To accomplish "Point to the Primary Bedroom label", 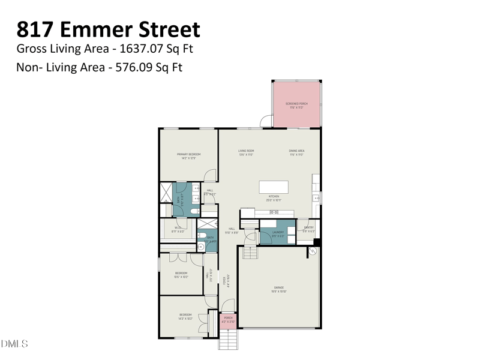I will click(188, 154).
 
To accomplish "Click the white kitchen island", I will click(278, 187).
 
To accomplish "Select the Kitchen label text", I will click(274, 196).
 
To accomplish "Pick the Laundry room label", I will click(277, 232).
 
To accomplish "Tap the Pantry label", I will click(308, 228).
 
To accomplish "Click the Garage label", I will click(278, 287).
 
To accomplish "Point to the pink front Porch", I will click(228, 321).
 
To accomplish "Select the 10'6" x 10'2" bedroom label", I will click(181, 274).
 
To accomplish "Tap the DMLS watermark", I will click(14, 344).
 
